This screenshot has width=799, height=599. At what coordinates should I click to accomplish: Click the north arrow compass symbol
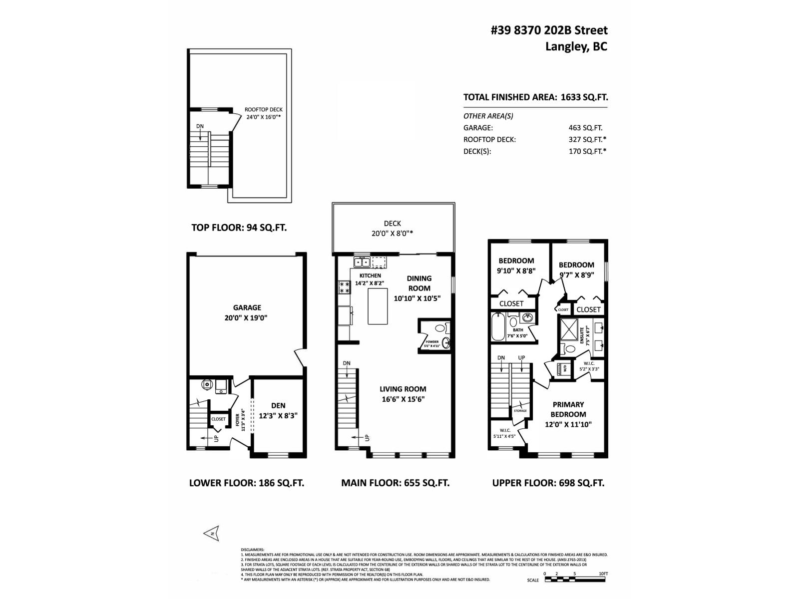(x=212, y=533)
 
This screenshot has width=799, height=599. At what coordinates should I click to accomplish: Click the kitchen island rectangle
(x=378, y=306)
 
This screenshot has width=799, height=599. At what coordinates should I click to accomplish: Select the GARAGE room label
(x=247, y=308)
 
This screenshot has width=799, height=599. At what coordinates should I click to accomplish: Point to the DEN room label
(x=278, y=405)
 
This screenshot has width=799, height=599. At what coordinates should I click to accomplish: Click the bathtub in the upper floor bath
(x=498, y=326)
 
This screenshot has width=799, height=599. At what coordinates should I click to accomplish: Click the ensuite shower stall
(x=568, y=328)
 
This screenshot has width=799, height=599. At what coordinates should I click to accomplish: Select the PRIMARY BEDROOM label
(x=568, y=409)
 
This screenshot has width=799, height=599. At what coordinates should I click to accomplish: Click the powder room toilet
(x=440, y=328)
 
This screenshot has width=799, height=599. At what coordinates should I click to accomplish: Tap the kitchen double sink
(x=362, y=262)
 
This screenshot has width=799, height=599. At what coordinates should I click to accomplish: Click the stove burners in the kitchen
(x=344, y=287)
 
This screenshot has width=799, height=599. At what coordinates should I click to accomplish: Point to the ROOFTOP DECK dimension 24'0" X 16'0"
(x=264, y=118)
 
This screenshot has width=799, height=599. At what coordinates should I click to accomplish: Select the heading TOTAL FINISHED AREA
(x=509, y=97)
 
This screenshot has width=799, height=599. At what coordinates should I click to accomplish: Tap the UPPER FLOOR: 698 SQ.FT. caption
(x=548, y=483)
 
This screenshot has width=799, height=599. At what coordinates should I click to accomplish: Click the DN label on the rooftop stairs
(x=200, y=126)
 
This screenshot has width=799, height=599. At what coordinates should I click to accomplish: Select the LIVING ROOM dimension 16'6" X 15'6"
(x=402, y=399)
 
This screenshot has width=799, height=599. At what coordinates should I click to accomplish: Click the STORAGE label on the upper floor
(x=520, y=411)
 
